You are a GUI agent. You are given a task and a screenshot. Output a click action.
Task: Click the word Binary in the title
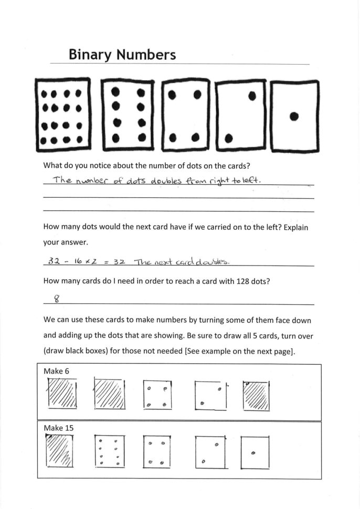[91, 55]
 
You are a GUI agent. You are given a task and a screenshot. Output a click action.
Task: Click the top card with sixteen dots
[62, 114]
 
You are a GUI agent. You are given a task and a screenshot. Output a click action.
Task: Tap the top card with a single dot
[294, 116]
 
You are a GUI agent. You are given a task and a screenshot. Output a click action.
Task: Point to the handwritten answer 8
[57, 299]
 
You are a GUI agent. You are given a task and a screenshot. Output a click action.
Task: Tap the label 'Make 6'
[56, 371]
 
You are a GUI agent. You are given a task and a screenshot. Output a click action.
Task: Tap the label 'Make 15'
[58, 428]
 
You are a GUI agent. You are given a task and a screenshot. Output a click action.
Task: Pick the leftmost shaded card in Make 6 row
[62, 394]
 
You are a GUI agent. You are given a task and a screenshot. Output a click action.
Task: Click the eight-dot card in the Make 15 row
[109, 451]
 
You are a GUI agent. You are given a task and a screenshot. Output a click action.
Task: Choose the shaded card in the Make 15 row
[59, 451]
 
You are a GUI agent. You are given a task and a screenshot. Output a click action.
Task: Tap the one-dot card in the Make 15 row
[255, 453]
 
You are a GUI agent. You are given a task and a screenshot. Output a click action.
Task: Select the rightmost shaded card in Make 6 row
[257, 396]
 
